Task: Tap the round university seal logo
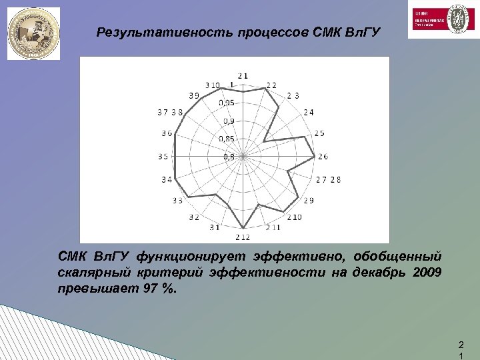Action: point(33,33)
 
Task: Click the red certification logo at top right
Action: point(441,19)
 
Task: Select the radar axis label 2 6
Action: point(323,157)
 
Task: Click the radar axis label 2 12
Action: point(242,237)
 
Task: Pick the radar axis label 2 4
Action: point(309,112)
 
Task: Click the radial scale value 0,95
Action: point(228,103)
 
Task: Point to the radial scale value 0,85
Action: point(228,139)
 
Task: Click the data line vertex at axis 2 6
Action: point(314,157)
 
